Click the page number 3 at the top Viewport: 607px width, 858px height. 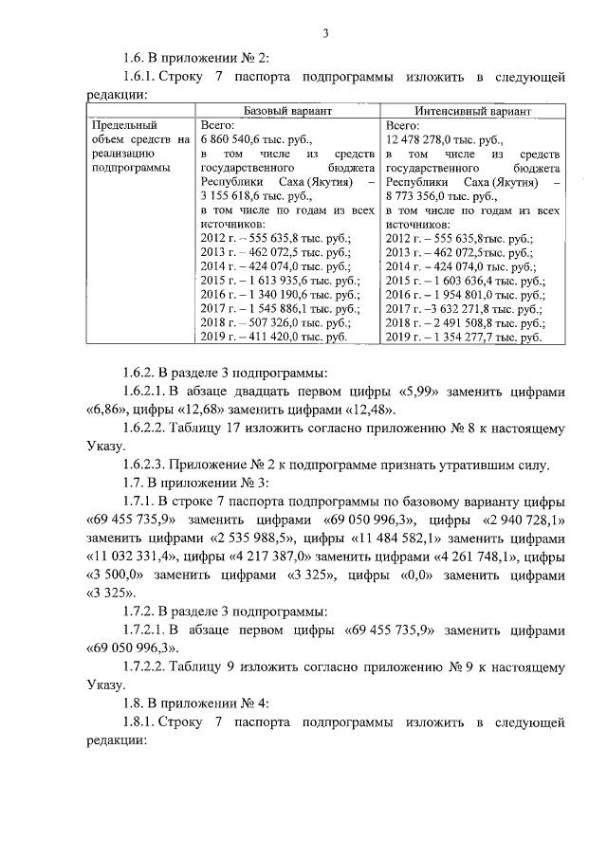(x=324, y=35)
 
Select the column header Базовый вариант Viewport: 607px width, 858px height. (x=287, y=110)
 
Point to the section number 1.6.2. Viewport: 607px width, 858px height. (x=144, y=373)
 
